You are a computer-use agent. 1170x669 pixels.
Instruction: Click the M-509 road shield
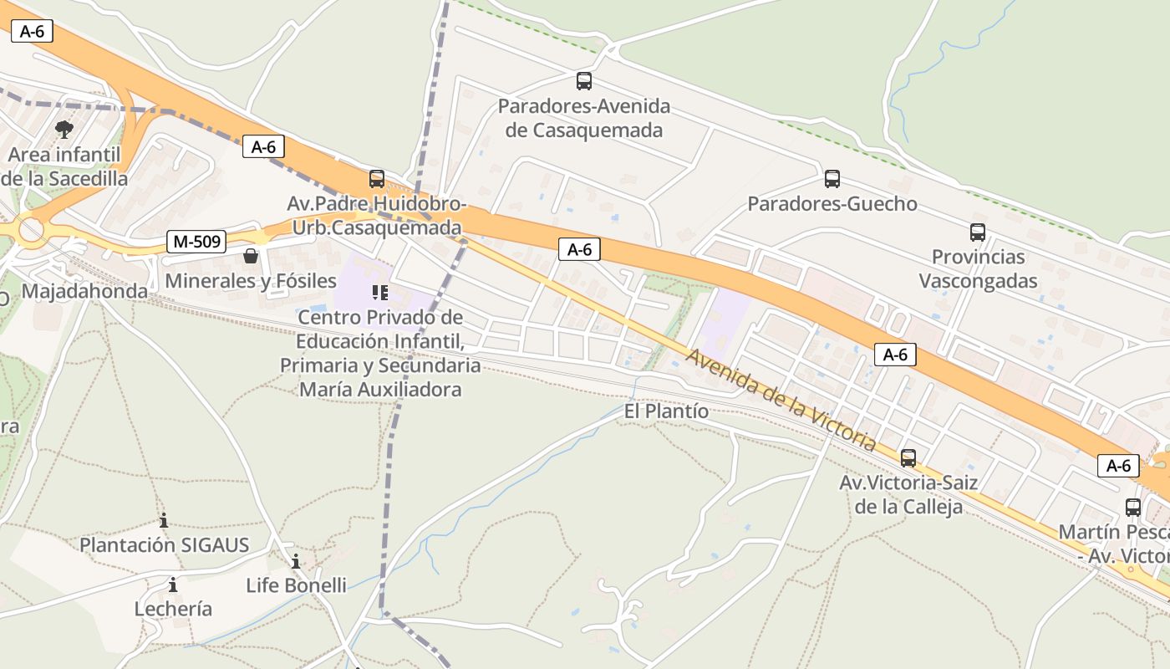pyautogui.click(x=196, y=243)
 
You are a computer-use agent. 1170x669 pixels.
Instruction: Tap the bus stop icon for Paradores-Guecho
pyautogui.click(x=832, y=179)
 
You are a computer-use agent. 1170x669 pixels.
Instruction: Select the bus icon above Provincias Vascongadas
pyautogui.click(x=977, y=232)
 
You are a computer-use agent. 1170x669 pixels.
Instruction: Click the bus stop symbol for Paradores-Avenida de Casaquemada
pyautogui.click(x=584, y=81)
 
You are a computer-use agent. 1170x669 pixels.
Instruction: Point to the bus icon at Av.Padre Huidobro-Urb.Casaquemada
pyautogui.click(x=377, y=179)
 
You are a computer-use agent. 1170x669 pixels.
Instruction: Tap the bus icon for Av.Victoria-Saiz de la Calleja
pyautogui.click(x=908, y=458)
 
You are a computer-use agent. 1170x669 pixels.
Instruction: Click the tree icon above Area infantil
pyautogui.click(x=64, y=130)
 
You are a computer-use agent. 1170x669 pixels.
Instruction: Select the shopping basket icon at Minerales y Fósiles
pyautogui.click(x=251, y=256)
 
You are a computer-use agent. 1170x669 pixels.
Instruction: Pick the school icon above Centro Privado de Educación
pyautogui.click(x=380, y=293)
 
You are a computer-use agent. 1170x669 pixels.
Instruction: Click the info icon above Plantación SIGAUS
pyautogui.click(x=164, y=520)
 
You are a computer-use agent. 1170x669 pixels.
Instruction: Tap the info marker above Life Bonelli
pyautogui.click(x=296, y=561)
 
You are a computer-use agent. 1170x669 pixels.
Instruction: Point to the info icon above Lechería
pyautogui.click(x=173, y=585)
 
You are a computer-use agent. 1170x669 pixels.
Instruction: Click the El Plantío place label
pyautogui.click(x=666, y=411)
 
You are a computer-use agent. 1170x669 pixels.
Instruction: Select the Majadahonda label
pyautogui.click(x=84, y=291)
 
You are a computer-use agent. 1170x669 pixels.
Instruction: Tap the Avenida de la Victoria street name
pyautogui.click(x=781, y=401)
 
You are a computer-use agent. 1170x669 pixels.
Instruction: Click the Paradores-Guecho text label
pyautogui.click(x=832, y=204)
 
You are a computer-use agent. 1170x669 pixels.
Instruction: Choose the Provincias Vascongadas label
pyautogui.click(x=978, y=268)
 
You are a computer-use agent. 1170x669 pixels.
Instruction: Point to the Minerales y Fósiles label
pyautogui.click(x=251, y=281)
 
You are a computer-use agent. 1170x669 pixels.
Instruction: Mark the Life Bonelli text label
pyautogui.click(x=296, y=585)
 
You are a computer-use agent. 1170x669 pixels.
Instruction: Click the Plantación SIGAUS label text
pyautogui.click(x=164, y=545)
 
